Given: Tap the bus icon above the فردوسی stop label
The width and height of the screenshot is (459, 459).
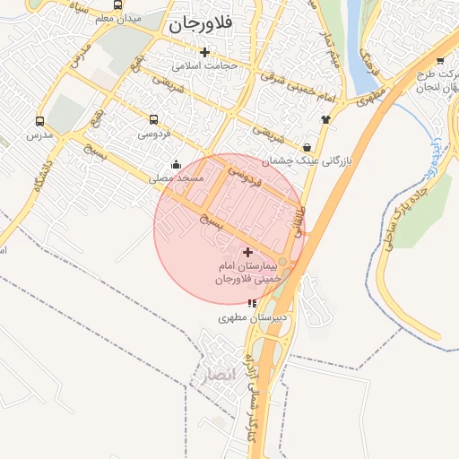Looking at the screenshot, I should [153, 119].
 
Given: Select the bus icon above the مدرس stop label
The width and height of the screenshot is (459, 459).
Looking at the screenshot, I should [39, 120].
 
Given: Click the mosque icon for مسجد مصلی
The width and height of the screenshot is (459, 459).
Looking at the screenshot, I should [176, 164].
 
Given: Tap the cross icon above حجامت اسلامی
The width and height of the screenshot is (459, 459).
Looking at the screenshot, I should [205, 52].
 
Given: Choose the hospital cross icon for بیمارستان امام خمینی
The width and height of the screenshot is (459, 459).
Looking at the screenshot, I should [248, 253].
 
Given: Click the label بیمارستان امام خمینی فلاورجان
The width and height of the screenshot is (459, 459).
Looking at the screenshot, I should [248, 273].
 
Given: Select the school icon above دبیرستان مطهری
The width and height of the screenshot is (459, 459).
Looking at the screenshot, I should [250, 303].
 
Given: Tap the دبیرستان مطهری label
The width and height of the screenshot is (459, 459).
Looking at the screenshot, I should [254, 317].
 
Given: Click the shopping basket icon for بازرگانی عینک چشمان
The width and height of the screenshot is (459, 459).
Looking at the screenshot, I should [307, 147].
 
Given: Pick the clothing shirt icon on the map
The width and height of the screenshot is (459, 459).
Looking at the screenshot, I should [325, 118].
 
